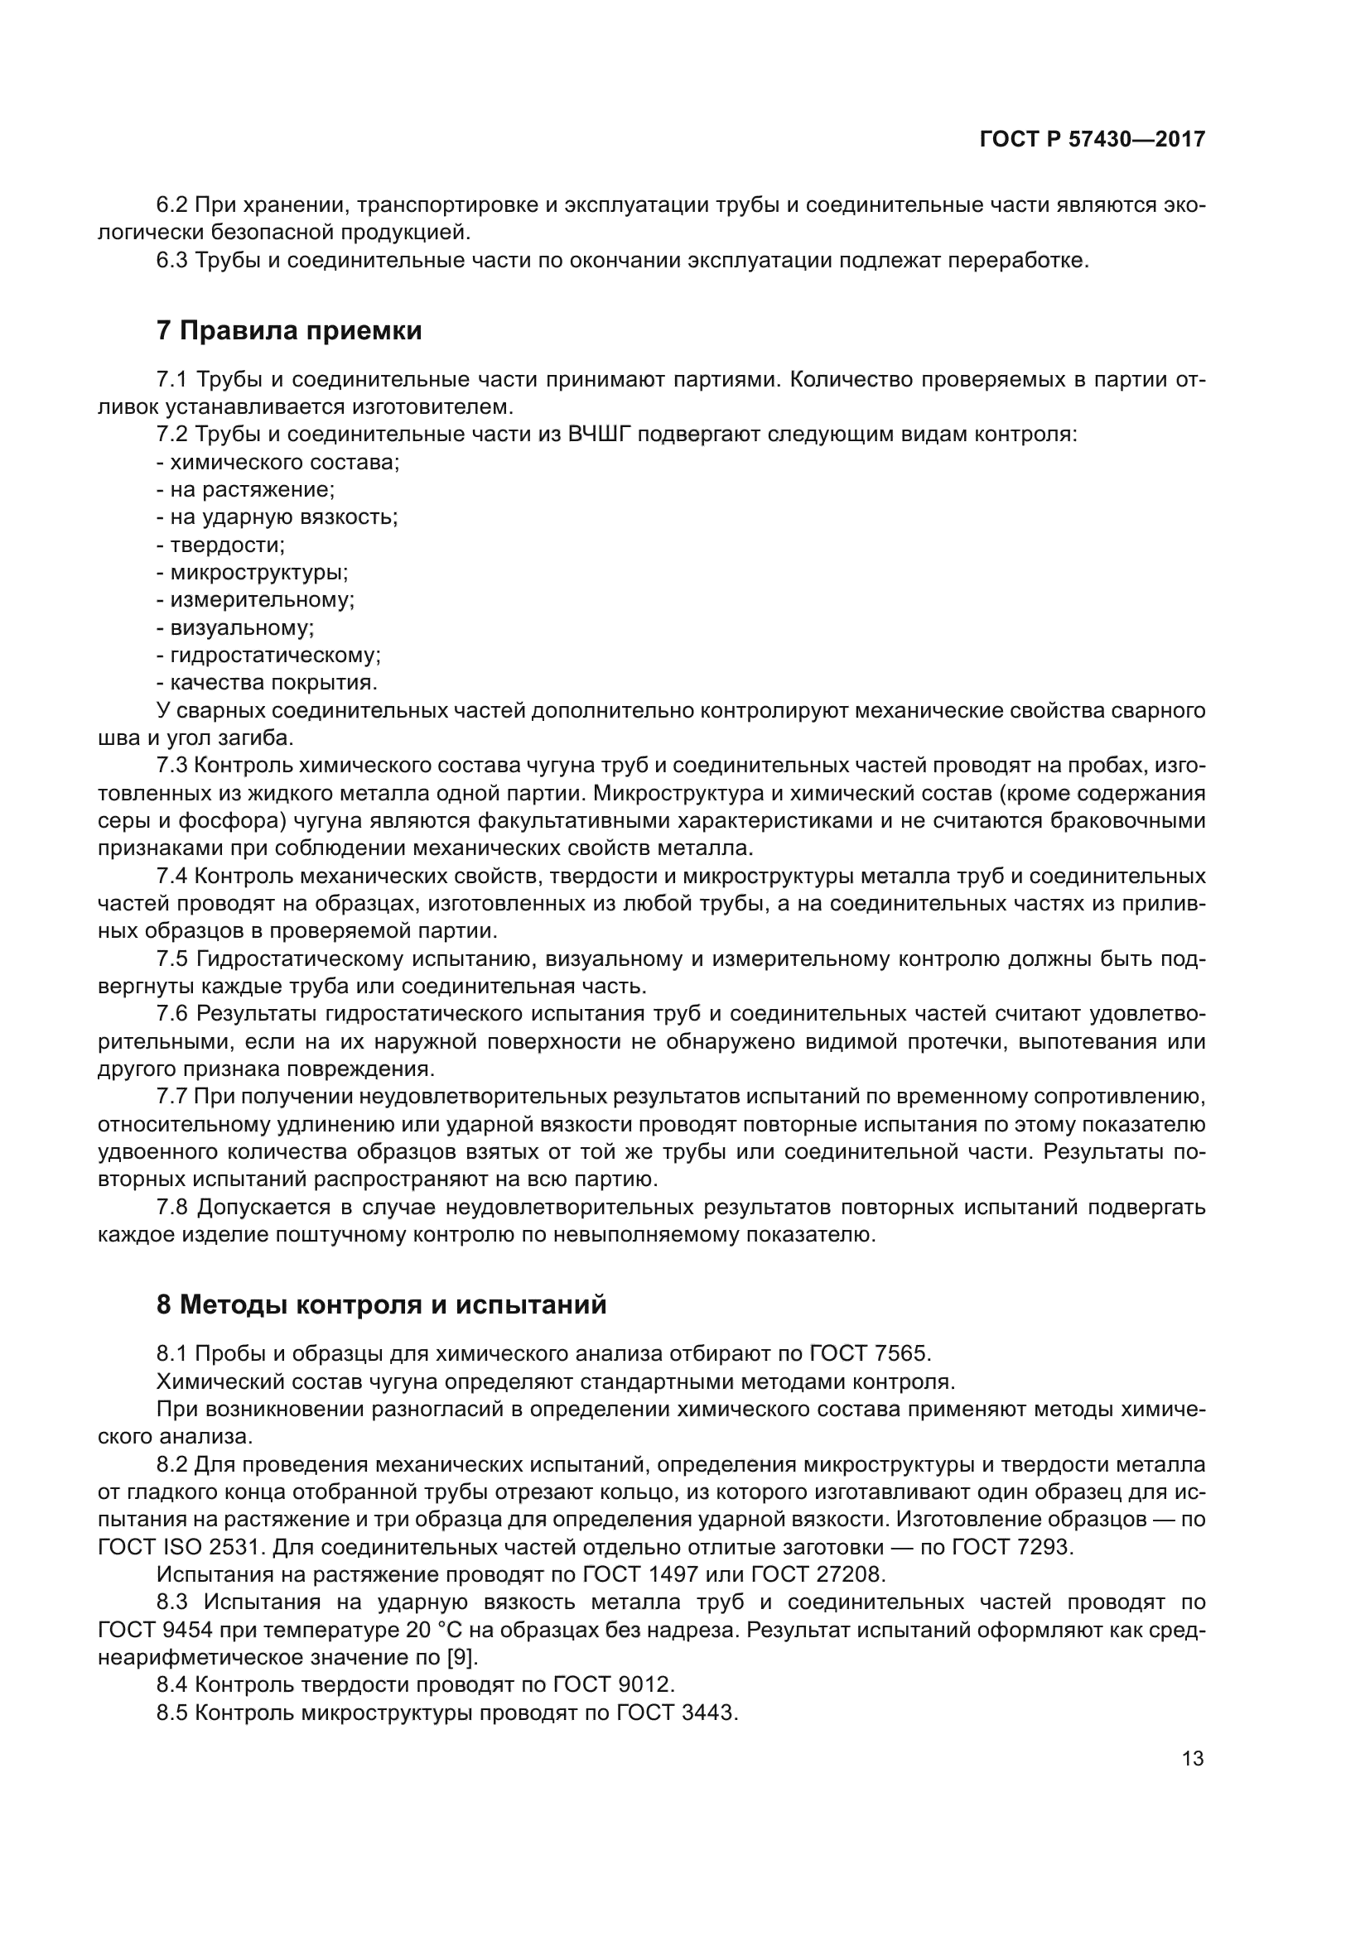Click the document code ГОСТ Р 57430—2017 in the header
coord(1092,139)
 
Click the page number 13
coord(1192,1758)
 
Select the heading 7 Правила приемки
coord(288,331)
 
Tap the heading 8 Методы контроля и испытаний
coord(381,1304)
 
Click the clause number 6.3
coord(172,261)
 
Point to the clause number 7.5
coord(172,958)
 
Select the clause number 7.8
coord(172,1208)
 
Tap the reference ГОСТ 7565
coord(869,1353)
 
